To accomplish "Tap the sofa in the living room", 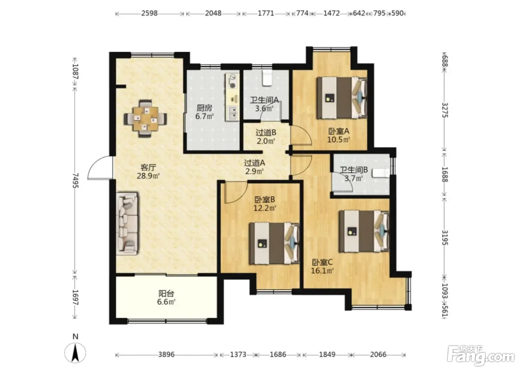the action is point(127,223).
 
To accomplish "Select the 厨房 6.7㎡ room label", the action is point(204,112).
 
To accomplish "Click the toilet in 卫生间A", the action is point(267,78).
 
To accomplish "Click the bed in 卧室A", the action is point(342,98).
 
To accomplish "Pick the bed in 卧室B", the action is point(274,243).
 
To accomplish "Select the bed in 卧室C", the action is point(364,231).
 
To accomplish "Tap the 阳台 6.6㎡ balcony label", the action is point(166,298).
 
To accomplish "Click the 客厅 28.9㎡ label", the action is point(148,172).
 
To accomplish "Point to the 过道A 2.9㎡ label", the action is point(255,167).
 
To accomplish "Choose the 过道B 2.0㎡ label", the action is point(266,137).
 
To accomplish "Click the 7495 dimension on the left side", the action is point(76,180).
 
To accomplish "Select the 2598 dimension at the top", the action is point(150,13).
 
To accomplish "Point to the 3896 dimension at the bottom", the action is point(167,355).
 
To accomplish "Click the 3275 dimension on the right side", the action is point(445,110).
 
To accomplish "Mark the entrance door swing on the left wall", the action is point(100,168).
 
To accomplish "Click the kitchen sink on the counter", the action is point(232,113).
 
